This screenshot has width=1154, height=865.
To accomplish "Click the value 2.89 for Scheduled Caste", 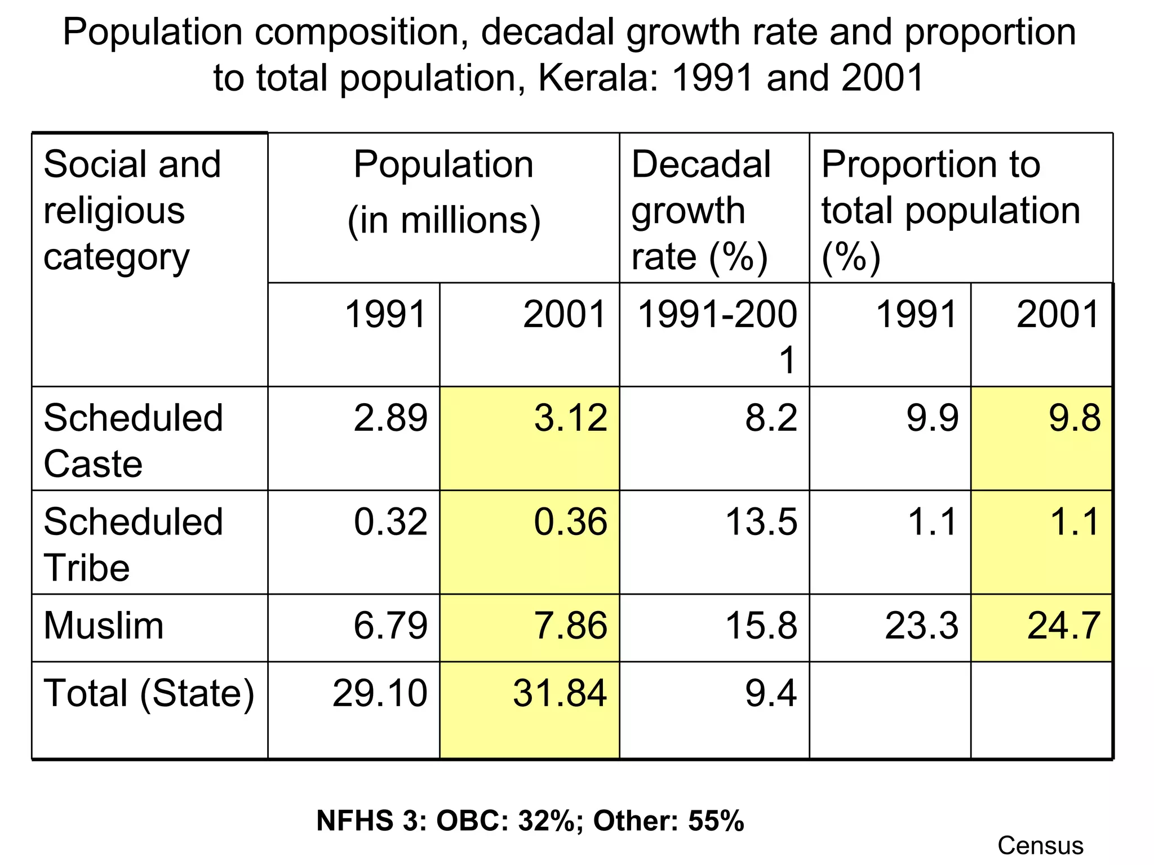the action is pyautogui.click(x=390, y=418).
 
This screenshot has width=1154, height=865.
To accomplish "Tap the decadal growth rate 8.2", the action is pyautogui.click(x=771, y=418).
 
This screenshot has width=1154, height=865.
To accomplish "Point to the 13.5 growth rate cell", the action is pyautogui.click(x=761, y=521).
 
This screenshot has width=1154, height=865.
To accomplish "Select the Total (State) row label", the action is pyautogui.click(x=149, y=693).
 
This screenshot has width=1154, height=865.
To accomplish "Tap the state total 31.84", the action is pyautogui.click(x=560, y=693).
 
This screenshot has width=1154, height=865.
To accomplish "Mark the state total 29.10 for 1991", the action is pyautogui.click(x=380, y=693).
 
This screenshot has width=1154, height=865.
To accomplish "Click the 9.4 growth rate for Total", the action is pyautogui.click(x=771, y=693).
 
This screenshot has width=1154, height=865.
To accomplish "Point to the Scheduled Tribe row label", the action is pyautogui.click(x=134, y=544).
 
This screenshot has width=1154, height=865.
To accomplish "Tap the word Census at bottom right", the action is pyautogui.click(x=1040, y=845).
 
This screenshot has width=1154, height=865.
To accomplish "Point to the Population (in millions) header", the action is pyautogui.click(x=444, y=192).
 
